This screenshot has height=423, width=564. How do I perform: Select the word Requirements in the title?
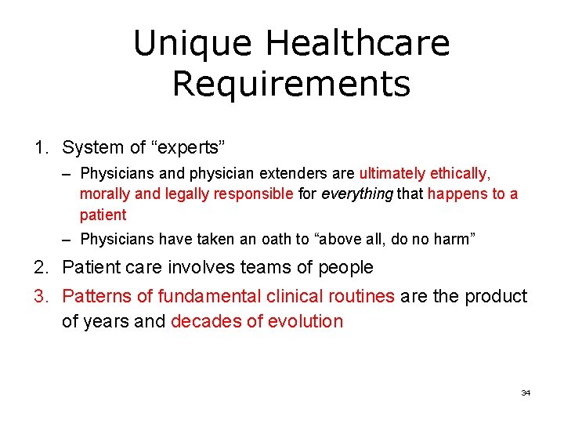coord(291,84)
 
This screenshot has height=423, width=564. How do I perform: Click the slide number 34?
coord(526,392)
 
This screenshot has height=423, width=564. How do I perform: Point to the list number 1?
coord(40,147)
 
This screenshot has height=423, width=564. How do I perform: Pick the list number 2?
coord(40,268)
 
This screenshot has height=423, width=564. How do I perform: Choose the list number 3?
coord(40,296)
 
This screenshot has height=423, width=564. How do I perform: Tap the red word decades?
coord(202,321)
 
